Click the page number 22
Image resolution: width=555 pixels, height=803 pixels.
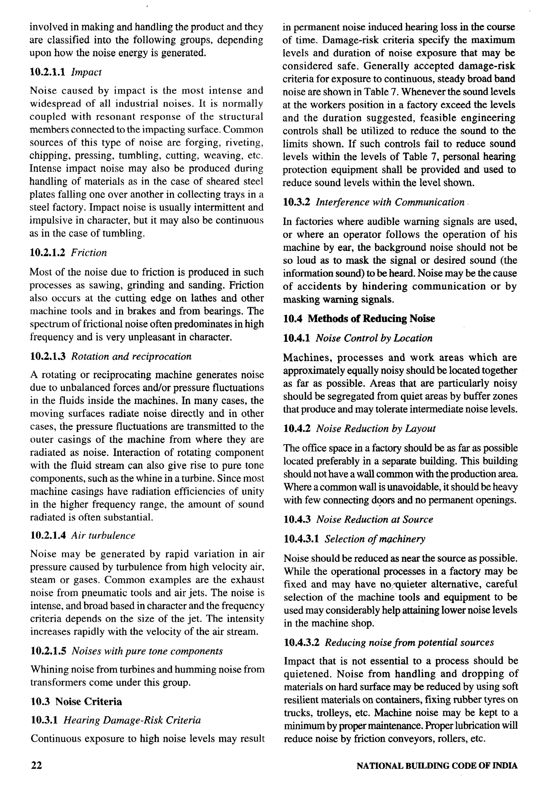(x=36, y=765)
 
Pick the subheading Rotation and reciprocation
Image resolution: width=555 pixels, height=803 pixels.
(x=131, y=356)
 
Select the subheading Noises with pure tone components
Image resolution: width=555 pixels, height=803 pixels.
(x=147, y=651)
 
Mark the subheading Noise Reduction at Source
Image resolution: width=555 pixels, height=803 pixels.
(x=375, y=520)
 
